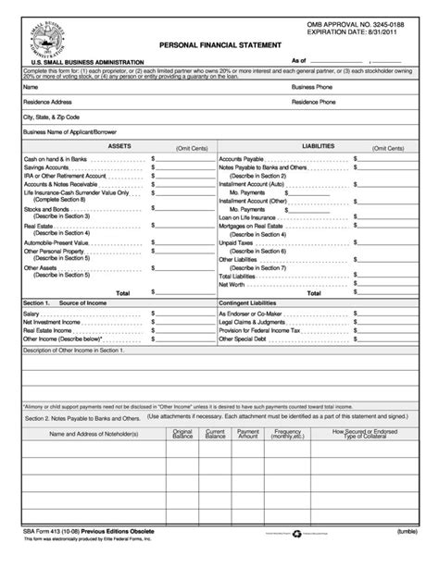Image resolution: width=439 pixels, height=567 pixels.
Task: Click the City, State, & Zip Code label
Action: pyautogui.click(x=52, y=118)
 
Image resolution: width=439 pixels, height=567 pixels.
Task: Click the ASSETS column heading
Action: pyautogui.click(x=119, y=147)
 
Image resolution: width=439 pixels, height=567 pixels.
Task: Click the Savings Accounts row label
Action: pyautogui.click(x=50, y=166)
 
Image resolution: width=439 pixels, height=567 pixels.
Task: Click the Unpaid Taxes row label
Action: pyautogui.click(x=238, y=242)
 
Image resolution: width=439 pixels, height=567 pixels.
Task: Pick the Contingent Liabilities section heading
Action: pyautogui.click(x=255, y=302)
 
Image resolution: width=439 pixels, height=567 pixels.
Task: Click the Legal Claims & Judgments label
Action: pyautogui.click(x=256, y=322)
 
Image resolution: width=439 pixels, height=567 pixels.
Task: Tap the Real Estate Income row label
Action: pyautogui.click(x=51, y=330)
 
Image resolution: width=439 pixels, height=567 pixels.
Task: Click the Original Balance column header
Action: pyautogui.click(x=182, y=433)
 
